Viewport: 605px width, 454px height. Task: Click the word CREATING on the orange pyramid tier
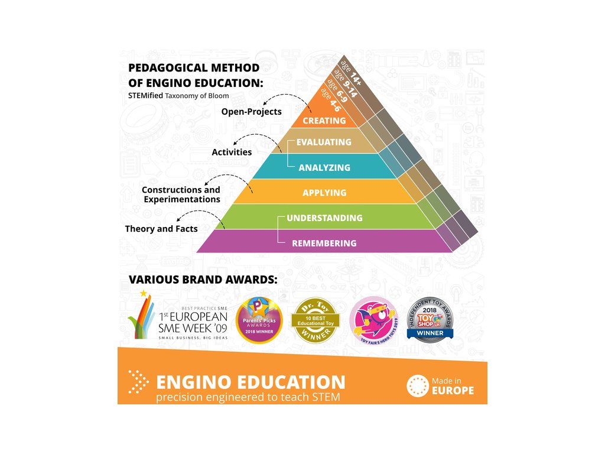tap(324, 121)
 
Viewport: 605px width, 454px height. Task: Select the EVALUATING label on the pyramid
tap(324, 142)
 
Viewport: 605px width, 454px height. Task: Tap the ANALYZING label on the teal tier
tap(324, 167)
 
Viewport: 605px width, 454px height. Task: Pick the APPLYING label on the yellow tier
tap(324, 193)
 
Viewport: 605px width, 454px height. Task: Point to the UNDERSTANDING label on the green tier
tap(324, 218)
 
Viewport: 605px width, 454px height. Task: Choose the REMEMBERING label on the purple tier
tap(324, 243)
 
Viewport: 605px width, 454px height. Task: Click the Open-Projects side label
tap(251, 111)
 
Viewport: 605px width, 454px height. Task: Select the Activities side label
tap(232, 152)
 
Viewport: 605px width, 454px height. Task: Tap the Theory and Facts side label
tap(161, 228)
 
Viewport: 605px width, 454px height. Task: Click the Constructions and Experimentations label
tap(181, 194)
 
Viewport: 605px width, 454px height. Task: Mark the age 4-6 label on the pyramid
tap(329, 99)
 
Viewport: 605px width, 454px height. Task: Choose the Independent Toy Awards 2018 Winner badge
tap(431, 320)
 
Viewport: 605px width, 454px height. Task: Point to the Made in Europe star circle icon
tap(417, 386)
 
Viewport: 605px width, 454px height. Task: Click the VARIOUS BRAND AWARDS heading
tap(203, 278)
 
